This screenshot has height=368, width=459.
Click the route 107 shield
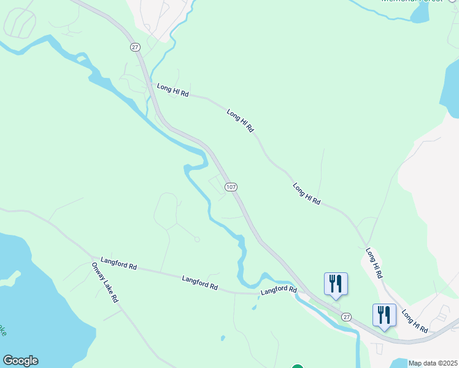(x=231, y=187)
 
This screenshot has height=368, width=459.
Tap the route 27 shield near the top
(x=135, y=47)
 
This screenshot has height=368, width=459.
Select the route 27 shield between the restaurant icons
(x=347, y=316)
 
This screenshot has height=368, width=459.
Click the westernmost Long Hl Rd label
(x=172, y=91)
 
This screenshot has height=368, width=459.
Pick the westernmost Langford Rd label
(x=118, y=263)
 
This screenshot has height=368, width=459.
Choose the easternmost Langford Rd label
(x=279, y=290)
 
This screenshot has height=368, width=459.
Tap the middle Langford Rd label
(x=200, y=283)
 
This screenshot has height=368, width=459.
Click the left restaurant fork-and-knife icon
(x=336, y=283)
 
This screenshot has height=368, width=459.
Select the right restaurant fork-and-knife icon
(x=384, y=315)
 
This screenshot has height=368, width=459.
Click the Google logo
(x=20, y=361)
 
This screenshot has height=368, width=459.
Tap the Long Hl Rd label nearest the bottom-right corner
(x=415, y=321)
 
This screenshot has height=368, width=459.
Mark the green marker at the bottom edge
(x=298, y=366)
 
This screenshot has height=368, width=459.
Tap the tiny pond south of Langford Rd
(x=222, y=337)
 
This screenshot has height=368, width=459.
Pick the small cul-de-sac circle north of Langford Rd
(x=197, y=239)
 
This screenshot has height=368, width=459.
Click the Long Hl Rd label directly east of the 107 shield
(x=306, y=193)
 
